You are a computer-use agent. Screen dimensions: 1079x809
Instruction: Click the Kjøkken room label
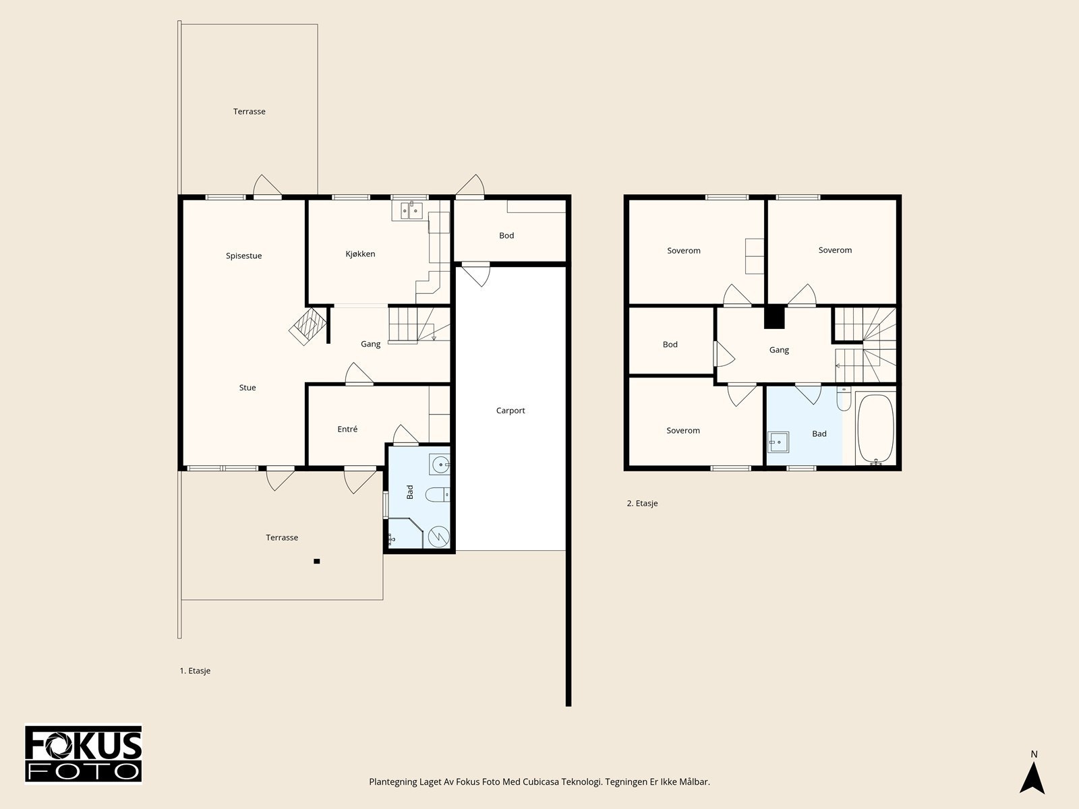point(360,254)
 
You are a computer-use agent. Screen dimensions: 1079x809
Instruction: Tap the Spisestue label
point(244,256)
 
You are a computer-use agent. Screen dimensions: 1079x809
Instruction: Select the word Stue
point(247,388)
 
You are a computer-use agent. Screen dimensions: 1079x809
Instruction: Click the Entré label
point(347,429)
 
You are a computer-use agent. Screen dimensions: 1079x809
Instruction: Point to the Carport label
point(511,411)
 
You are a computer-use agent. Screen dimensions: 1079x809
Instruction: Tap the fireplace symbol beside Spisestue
point(308,326)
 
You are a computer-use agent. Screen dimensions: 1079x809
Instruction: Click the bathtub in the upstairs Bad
point(875,428)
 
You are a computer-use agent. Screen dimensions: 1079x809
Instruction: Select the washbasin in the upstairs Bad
point(778,442)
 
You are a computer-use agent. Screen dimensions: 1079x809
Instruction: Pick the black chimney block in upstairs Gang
point(774,318)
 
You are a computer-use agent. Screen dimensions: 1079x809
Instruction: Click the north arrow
point(1032,777)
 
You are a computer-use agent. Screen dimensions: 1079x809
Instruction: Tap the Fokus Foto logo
point(84,754)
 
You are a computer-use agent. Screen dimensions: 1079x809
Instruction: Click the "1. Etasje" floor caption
point(195,671)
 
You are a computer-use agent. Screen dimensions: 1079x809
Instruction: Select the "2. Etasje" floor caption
point(642,504)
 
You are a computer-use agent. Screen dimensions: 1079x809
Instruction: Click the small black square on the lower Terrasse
point(317,562)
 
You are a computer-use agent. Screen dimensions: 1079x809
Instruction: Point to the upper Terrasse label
point(250,111)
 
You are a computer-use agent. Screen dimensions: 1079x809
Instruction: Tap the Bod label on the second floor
point(670,344)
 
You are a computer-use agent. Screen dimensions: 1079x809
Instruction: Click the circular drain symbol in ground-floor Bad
point(438,537)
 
